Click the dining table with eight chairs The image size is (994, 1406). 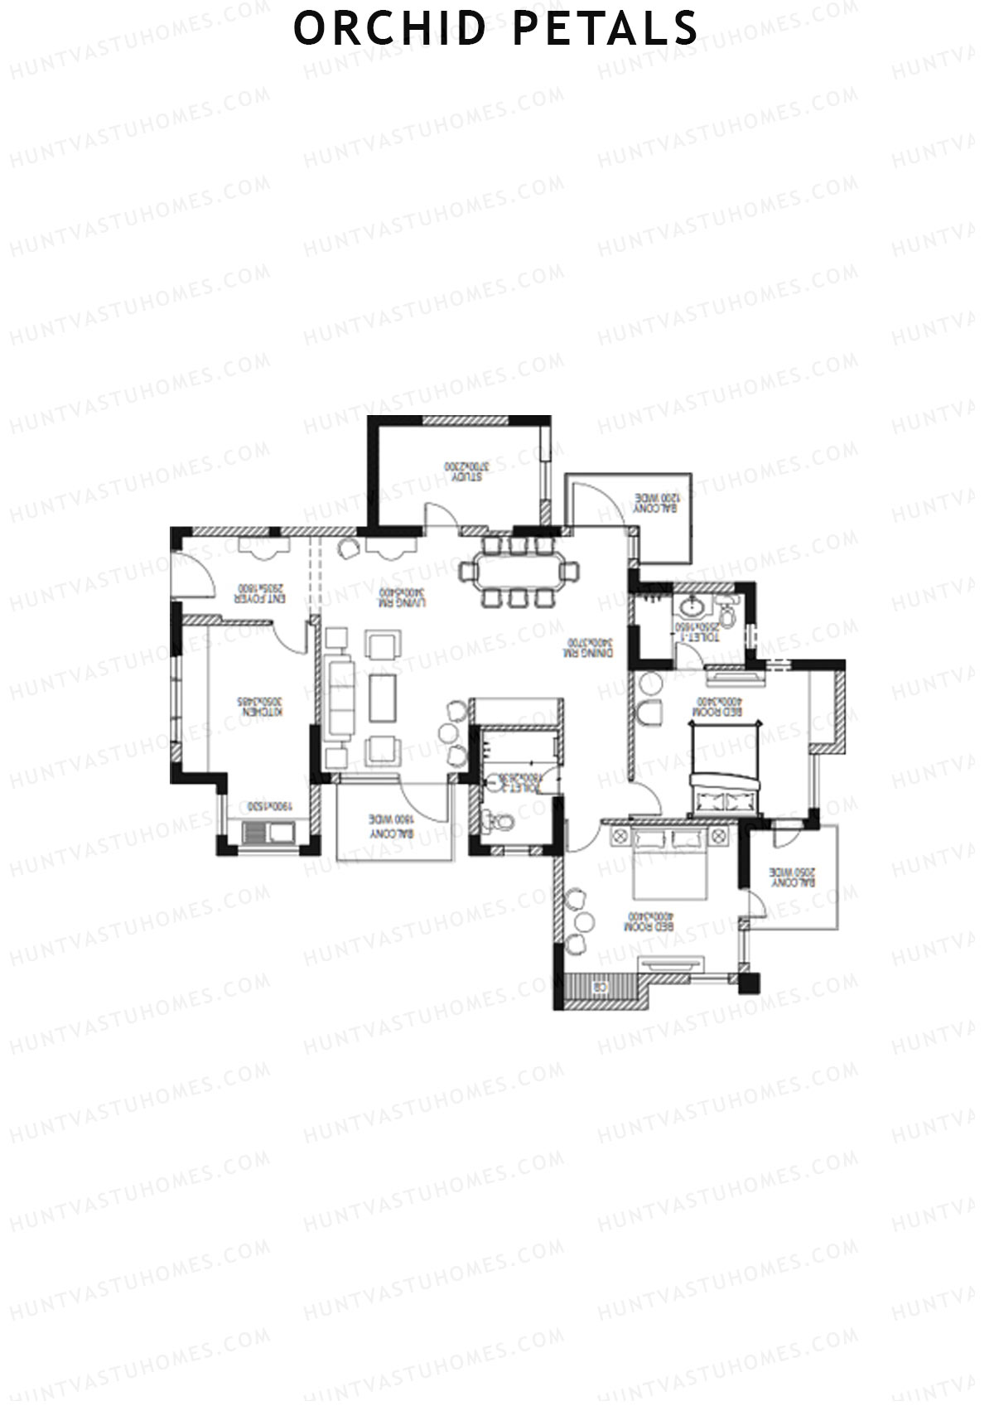pyautogui.click(x=519, y=571)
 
